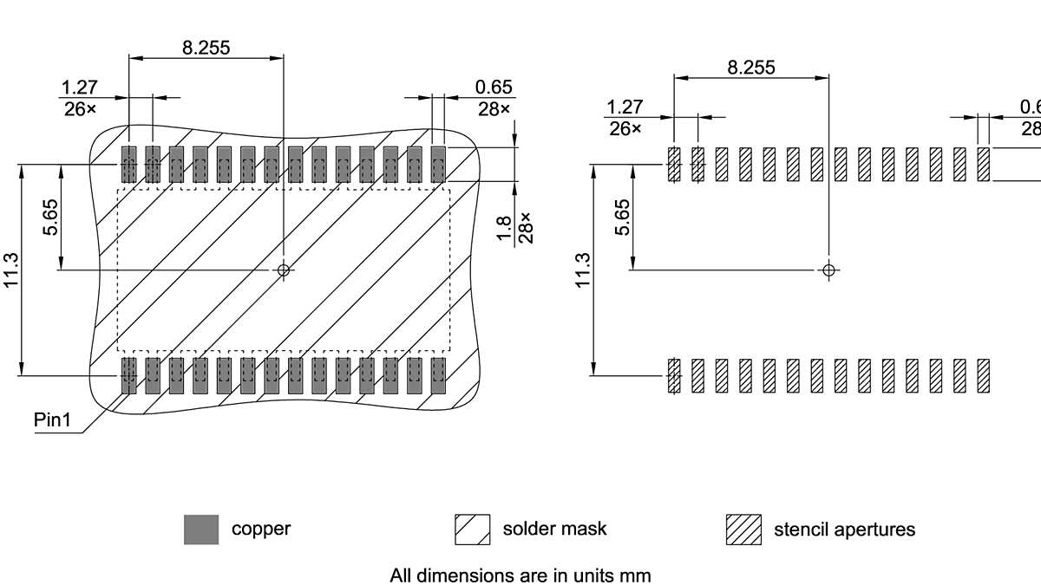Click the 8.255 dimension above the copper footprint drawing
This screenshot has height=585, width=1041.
206,48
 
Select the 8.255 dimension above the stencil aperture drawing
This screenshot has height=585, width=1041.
751,68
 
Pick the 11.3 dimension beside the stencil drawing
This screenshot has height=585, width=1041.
582,270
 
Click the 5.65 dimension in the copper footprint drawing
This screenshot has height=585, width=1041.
51,217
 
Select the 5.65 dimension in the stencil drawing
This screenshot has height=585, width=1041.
622,217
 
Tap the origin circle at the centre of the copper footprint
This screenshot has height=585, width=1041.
283,270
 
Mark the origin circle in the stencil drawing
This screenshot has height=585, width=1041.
828,270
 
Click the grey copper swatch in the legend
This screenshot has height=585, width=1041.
201,530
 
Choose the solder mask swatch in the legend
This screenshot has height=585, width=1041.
472,530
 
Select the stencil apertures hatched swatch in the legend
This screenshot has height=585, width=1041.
743,530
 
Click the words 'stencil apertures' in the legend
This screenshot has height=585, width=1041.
843,529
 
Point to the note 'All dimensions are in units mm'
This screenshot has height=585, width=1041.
520,575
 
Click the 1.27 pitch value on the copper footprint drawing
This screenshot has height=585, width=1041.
79,88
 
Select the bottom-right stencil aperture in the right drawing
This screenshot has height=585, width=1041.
983,376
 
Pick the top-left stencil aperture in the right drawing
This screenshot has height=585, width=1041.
674,165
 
